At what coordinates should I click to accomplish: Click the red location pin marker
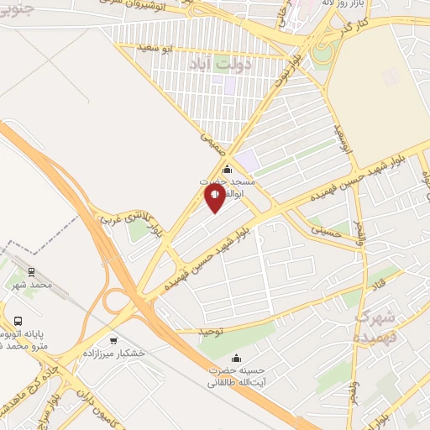tap(215, 197)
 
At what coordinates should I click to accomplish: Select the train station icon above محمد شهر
tap(31, 272)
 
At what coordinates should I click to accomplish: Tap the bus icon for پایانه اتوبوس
tap(18, 321)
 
